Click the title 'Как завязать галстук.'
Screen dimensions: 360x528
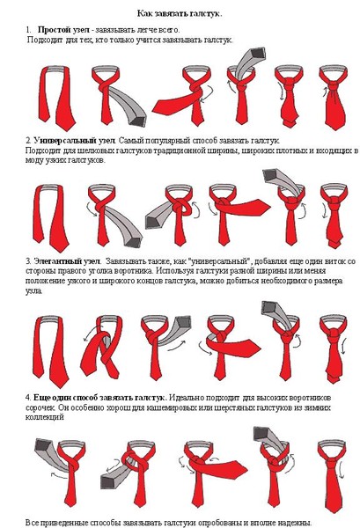180,14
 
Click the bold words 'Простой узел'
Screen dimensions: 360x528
63,30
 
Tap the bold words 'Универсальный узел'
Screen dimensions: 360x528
75,140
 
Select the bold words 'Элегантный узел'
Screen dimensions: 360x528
67,261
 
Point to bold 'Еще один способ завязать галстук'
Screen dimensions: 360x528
99,398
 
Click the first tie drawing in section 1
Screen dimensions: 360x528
57,98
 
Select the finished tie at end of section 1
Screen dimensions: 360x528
334,98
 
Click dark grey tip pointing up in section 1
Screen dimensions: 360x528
258,54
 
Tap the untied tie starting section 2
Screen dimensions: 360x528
50,218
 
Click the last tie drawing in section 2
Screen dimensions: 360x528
334,216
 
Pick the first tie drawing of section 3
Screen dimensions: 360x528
50,351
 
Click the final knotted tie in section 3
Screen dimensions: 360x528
334,349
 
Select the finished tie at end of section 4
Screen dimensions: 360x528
332,473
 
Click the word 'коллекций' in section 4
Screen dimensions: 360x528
45,417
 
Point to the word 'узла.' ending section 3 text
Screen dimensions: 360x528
34,291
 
